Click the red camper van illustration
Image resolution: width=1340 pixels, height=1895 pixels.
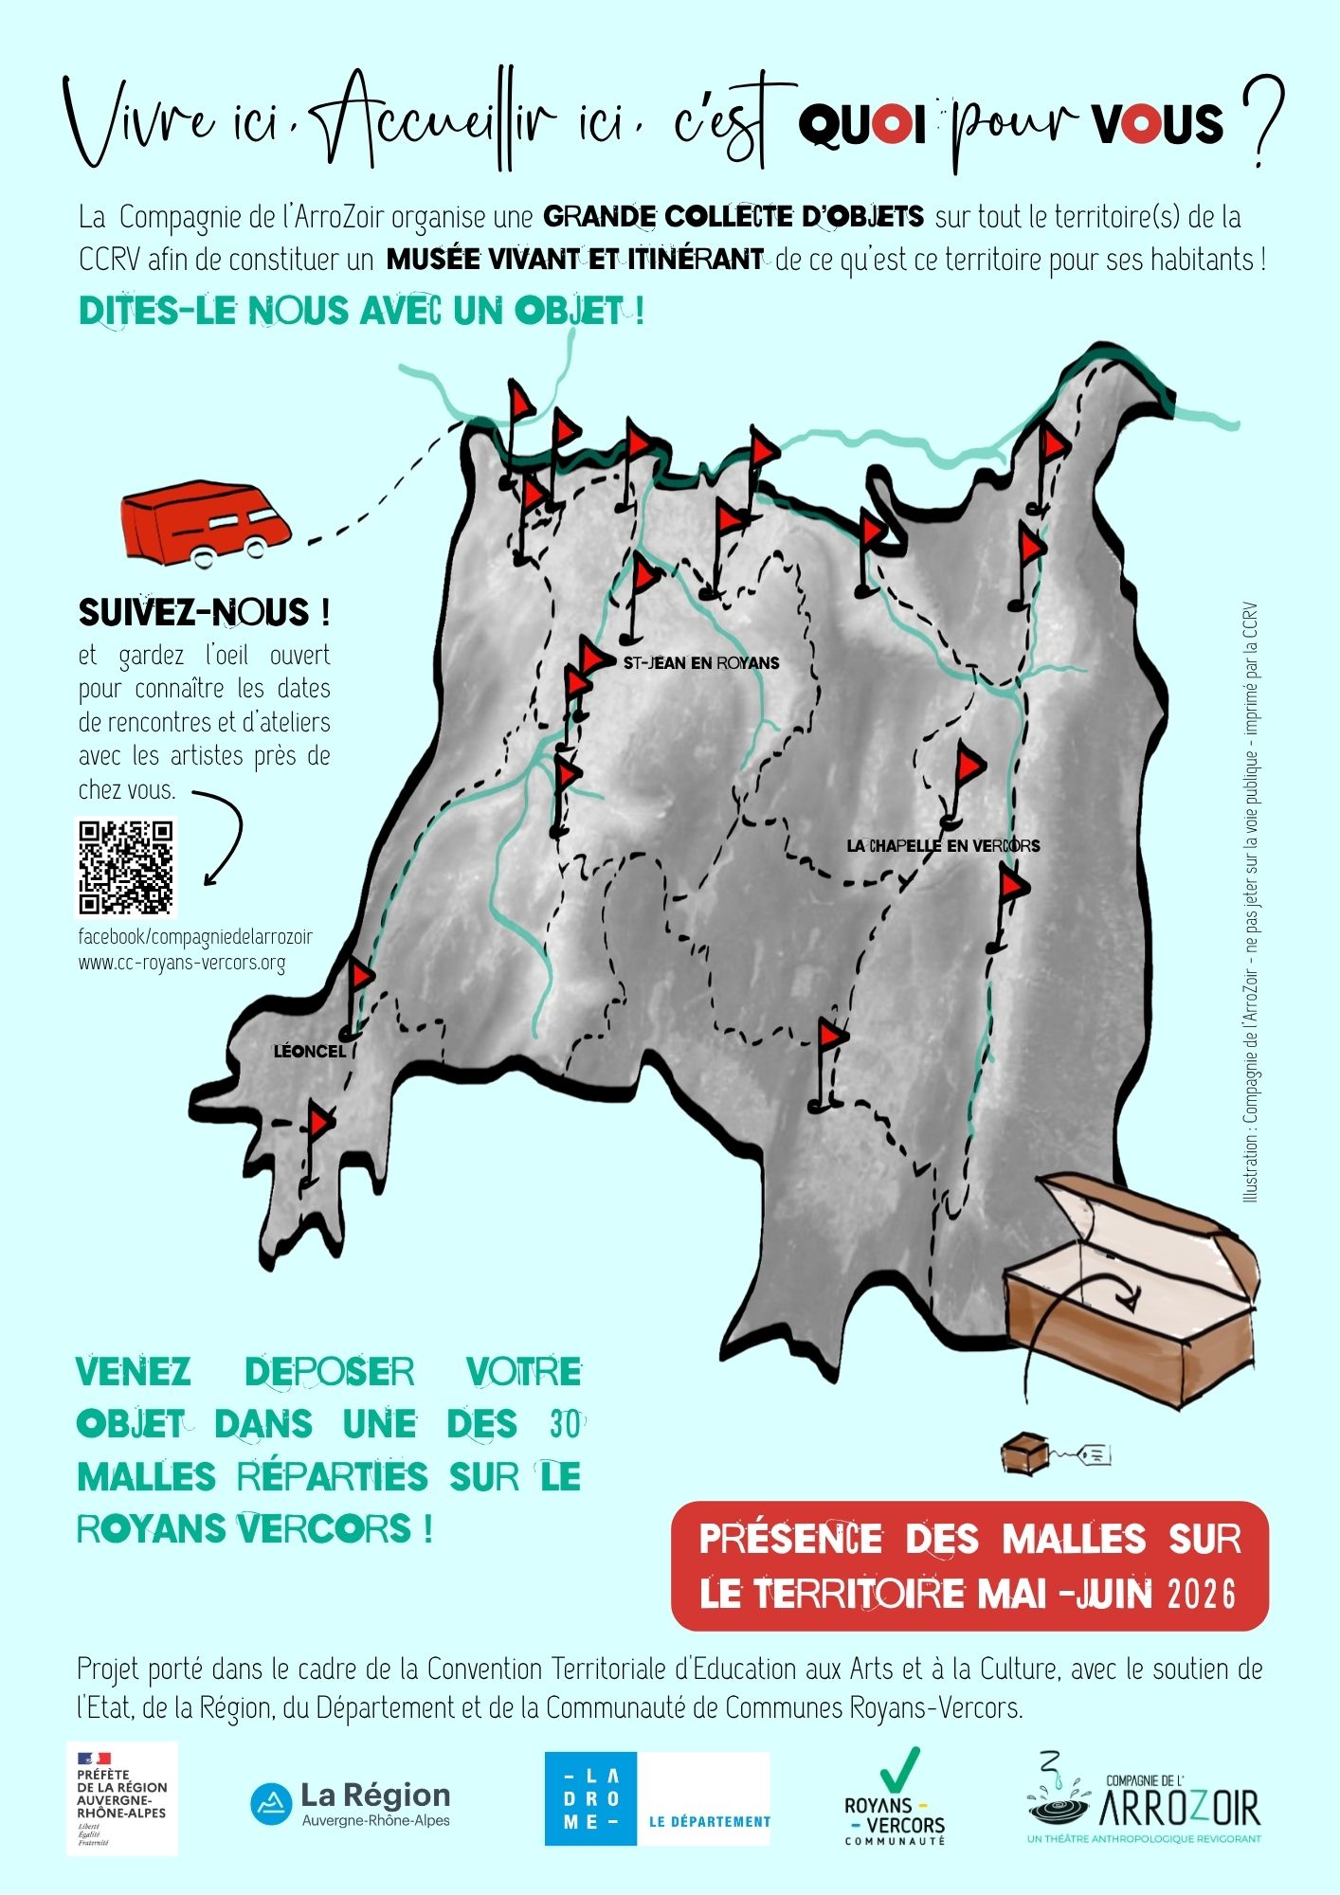tap(206, 523)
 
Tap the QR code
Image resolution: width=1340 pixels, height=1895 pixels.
tap(126, 868)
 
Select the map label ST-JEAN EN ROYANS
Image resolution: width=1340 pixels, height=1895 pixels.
tap(701, 663)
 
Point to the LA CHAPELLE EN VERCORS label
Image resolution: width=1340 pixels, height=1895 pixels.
tap(943, 845)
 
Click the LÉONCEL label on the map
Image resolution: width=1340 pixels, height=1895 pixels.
tap(310, 1051)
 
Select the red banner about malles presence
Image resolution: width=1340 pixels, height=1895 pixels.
tap(969, 1566)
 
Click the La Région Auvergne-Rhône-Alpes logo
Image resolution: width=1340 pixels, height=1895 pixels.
tap(351, 1804)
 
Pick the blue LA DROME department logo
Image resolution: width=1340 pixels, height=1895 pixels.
tap(657, 1798)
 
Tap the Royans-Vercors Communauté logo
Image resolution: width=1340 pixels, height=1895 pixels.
tap(896, 1797)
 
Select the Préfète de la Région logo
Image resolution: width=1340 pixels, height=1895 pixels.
tap(122, 1798)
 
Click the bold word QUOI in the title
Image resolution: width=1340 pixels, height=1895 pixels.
tap(861, 124)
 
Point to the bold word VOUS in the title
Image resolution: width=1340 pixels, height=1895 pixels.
tap(1157, 124)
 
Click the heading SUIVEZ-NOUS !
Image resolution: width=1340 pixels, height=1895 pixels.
tap(204, 612)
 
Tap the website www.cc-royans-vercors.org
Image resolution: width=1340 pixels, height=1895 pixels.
tap(181, 963)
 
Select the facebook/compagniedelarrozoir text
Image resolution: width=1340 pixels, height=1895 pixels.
tap(195, 937)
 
